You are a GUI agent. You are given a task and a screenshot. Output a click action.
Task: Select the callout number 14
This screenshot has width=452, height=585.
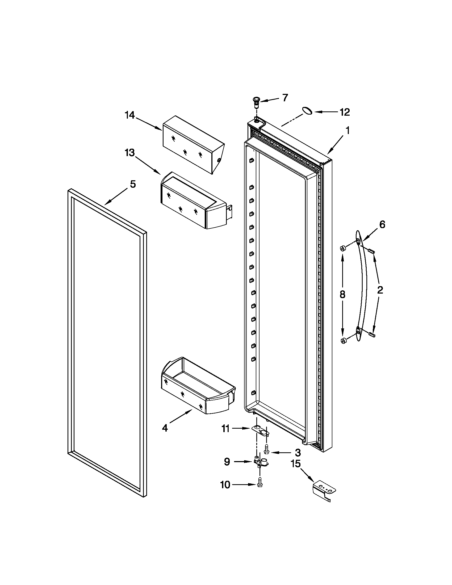(130, 115)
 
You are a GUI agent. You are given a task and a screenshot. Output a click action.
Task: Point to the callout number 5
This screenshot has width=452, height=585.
(133, 184)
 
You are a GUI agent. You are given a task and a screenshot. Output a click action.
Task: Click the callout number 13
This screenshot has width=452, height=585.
(130, 153)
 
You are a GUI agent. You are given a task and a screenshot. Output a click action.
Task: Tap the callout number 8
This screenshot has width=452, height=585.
(342, 295)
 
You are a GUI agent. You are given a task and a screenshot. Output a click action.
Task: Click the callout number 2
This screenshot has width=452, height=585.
(380, 290)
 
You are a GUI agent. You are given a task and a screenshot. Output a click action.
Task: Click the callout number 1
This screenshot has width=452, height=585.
(347, 131)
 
